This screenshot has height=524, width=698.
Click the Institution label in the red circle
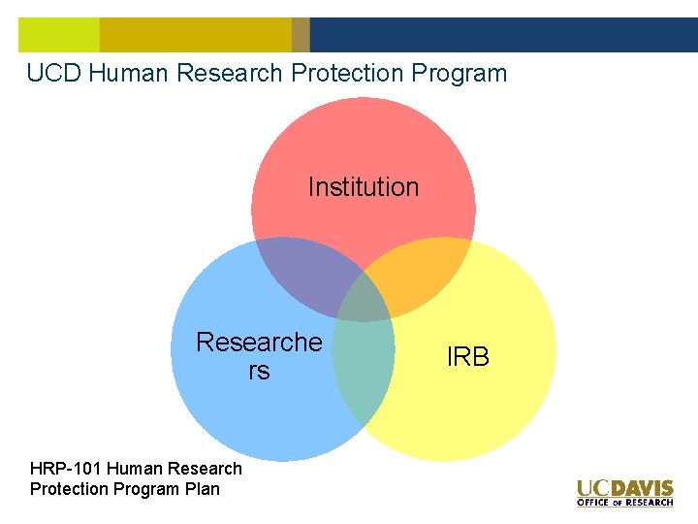coord(364,186)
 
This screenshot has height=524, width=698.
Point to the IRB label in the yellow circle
coord(468,357)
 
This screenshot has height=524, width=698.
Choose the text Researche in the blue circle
coord(259,343)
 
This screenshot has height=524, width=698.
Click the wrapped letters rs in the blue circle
coord(259,372)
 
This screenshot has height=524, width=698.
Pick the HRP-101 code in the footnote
coord(64,469)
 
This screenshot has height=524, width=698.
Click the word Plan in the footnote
coord(203,489)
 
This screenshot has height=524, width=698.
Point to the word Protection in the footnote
coord(69,489)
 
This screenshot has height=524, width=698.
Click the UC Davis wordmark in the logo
coord(624,488)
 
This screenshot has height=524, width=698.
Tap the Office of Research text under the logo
coord(624,503)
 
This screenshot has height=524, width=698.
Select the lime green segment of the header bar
coord(58,35)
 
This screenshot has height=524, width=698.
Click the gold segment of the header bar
coord(194,35)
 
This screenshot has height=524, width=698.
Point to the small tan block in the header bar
coord(301,35)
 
